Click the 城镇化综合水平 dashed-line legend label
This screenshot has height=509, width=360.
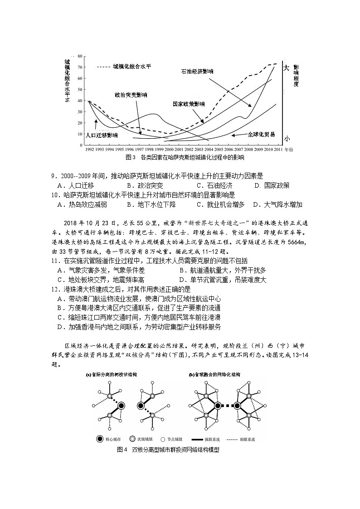(x=132, y=66)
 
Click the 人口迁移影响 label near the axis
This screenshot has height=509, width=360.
(x=102, y=135)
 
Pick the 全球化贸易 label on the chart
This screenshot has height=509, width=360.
(x=261, y=134)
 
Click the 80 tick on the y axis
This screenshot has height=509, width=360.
(x=79, y=56)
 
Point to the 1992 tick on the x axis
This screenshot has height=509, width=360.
(x=89, y=149)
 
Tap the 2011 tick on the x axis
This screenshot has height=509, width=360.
(x=279, y=149)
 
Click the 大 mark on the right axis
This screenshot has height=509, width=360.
(x=286, y=68)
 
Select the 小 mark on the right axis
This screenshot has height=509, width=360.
(x=286, y=138)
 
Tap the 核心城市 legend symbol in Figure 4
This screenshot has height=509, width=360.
(x=99, y=439)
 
